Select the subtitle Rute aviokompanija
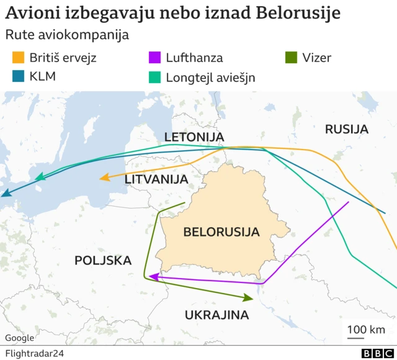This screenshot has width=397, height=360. pos(66,35)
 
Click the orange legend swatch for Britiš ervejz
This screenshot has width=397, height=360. pos(18,58)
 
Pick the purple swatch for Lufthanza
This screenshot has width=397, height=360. pos(154,58)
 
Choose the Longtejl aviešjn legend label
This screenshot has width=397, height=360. pos(210,77)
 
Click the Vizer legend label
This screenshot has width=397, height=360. pos(316,58)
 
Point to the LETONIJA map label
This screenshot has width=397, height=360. pos(194,137)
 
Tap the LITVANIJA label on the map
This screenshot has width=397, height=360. pos(156,179)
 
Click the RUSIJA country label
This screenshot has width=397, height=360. pos(347,129)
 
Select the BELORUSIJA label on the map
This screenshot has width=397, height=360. pos(221,232)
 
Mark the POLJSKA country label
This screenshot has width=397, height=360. pos(103,260)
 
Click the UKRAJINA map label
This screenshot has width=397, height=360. pos(216,315)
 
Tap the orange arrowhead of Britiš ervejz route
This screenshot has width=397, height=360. pos(104,178)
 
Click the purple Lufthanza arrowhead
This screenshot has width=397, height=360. pos(153,277)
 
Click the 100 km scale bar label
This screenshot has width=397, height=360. pos(365,329)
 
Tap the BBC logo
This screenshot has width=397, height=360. pos(373,353)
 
